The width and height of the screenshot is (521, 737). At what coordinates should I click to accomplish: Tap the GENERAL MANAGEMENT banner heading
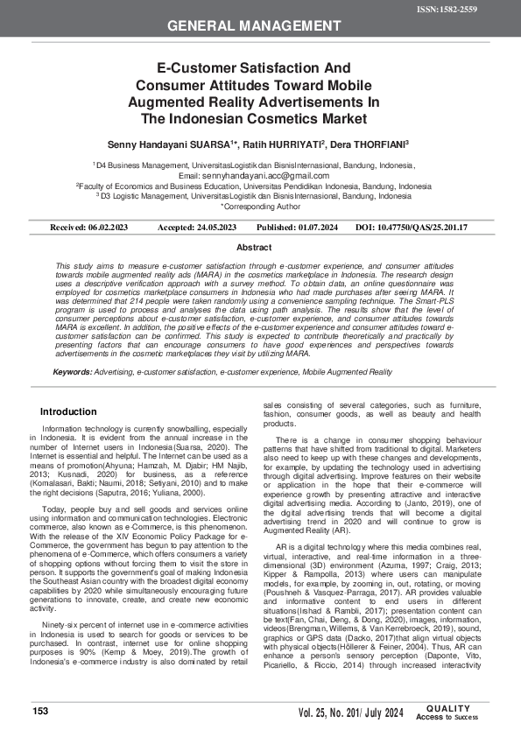pyautogui.click(x=260, y=26)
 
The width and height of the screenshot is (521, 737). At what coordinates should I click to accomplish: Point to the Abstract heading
pyautogui.click(x=260, y=248)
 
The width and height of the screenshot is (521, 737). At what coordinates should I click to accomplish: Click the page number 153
pyautogui.click(x=40, y=712)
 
